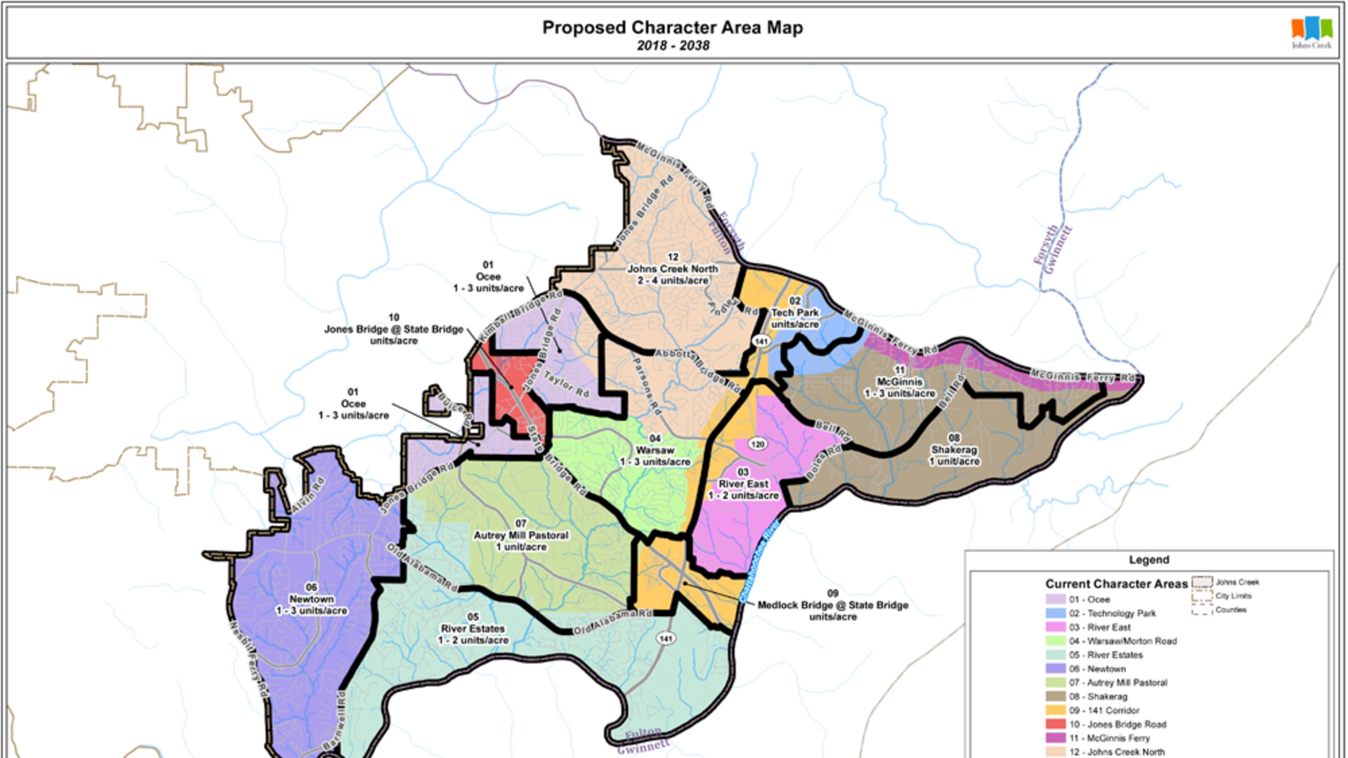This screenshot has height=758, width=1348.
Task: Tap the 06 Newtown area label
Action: pos(311,599)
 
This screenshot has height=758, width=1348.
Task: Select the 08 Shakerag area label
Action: pos(954,450)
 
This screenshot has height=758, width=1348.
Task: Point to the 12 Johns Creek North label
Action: pos(673,269)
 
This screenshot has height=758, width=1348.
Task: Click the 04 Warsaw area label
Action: pos(655,450)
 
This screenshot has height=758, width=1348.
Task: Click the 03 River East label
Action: pos(743,484)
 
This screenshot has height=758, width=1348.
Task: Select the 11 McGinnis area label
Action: pos(899,382)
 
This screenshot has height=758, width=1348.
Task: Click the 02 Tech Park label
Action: pos(794,312)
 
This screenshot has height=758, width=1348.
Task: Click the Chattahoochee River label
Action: pos(760,560)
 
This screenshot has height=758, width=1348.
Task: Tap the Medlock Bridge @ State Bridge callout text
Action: pos(833,605)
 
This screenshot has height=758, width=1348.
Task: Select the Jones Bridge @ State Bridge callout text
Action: pos(394,329)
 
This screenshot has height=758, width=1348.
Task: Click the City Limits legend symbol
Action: pos(1202,596)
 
